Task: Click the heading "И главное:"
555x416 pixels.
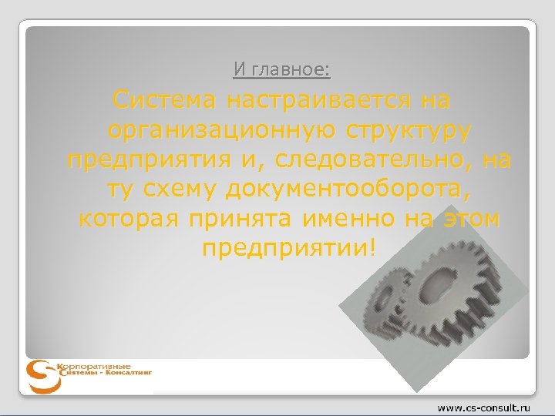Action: (282, 71)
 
